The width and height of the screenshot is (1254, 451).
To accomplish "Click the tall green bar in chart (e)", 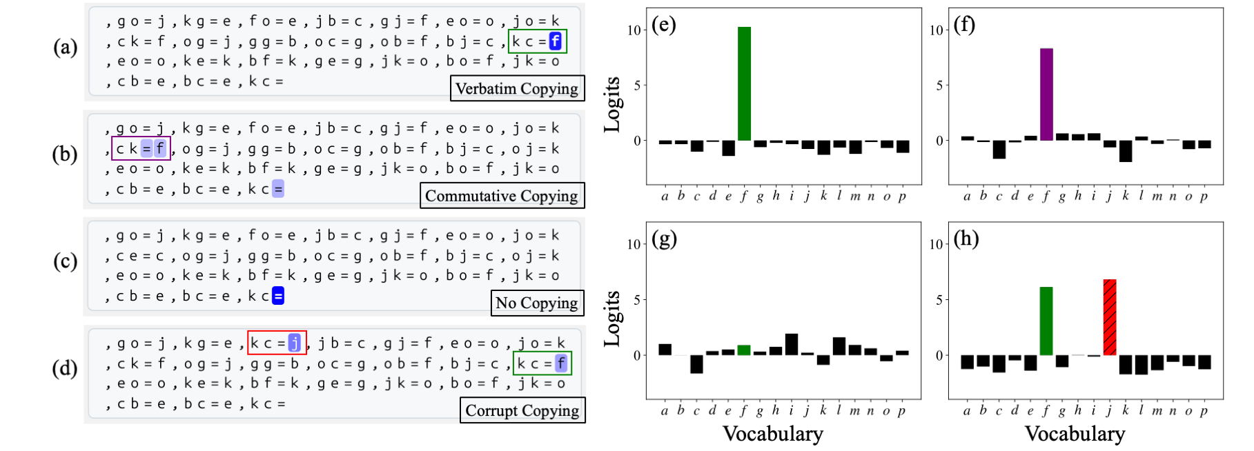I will tap(744, 83).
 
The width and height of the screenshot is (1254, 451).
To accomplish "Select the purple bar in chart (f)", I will tap(1046, 94).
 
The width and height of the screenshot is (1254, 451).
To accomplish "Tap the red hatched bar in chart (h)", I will tap(1110, 317).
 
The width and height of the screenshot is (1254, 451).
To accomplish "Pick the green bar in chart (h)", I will tap(1046, 321).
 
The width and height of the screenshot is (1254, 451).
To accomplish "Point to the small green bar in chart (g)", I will tap(744, 350).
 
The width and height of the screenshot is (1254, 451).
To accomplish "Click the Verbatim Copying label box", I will tap(517, 88).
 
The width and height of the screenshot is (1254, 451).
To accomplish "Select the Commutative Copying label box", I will tap(502, 196).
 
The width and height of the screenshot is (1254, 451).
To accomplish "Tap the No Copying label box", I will tap(537, 303).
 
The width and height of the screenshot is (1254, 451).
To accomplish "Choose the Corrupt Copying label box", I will tap(522, 410).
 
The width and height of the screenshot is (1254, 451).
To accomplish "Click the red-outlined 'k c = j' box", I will tap(277, 343).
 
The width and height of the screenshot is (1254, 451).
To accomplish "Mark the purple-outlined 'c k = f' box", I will tap(141, 148).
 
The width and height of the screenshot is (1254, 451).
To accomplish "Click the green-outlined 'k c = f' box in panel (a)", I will tap(538, 41).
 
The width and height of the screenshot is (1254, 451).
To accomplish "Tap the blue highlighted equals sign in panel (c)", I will tap(278, 297).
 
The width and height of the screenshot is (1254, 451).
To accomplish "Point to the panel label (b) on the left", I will tap(65, 154).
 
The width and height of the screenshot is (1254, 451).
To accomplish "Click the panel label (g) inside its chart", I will tap(664, 239).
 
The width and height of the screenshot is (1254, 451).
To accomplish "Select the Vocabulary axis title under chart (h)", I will tap(1075, 434).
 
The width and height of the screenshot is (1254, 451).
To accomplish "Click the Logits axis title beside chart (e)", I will tap(612, 104).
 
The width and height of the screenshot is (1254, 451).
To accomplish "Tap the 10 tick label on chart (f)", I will tap(936, 30).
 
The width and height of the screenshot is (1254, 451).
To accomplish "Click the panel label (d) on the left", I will tap(65, 368).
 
